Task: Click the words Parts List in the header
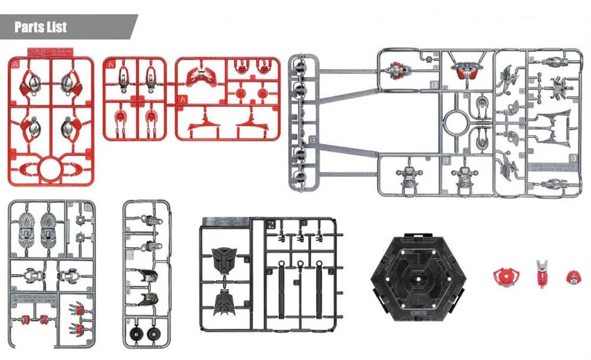coord(41,27)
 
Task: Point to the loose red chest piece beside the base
coord(506,276)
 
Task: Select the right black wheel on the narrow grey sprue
coord(155,333)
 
